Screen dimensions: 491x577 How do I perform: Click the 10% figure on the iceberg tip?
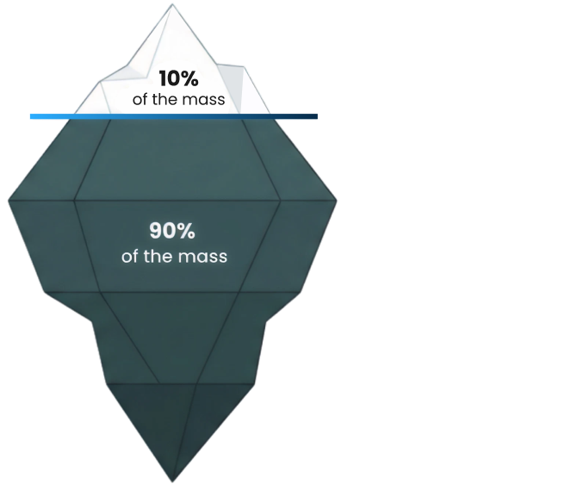click(x=179, y=79)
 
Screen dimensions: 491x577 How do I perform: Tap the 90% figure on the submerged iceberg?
click(x=173, y=232)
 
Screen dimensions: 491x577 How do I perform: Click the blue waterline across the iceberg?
click(x=172, y=115)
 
